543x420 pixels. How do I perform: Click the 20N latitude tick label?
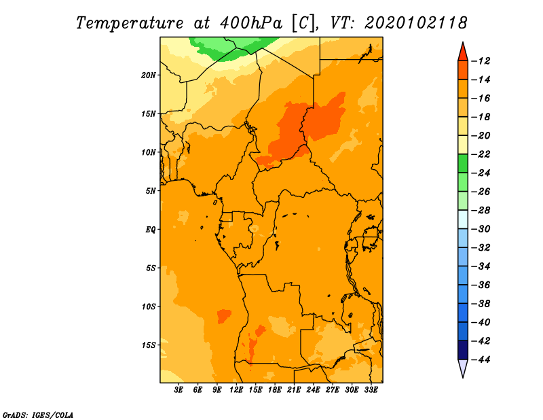[148, 75]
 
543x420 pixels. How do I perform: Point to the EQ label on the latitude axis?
[150, 230]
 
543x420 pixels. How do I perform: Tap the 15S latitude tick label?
[149, 345]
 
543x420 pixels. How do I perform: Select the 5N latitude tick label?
[151, 191]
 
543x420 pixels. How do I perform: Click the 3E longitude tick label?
[179, 390]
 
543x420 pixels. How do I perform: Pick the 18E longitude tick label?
[275, 390]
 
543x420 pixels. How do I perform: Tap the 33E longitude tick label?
[371, 390]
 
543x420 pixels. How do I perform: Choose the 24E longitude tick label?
[313, 390]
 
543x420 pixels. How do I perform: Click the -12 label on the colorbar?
[481, 61]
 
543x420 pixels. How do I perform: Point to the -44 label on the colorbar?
[481, 360]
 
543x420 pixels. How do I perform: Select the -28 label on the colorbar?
[481, 210]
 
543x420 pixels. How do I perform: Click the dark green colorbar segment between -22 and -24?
[463, 163]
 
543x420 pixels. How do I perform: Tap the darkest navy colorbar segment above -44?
[463, 350]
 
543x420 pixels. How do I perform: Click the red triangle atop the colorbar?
[463, 53]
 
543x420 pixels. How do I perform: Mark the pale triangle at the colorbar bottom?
[463, 367]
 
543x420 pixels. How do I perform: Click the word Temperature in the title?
[130, 23]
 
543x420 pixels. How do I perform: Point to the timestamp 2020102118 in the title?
[415, 23]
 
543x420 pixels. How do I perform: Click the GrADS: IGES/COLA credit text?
[38, 415]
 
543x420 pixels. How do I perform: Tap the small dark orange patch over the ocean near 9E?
[224, 316]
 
